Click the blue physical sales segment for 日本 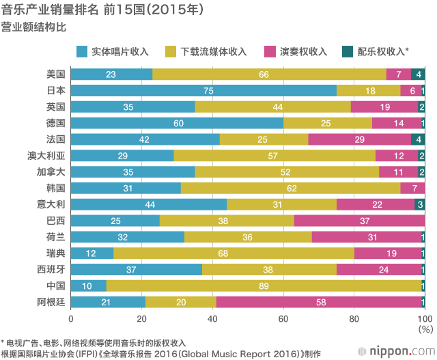click(x=203, y=91)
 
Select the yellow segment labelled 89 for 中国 click(x=264, y=286)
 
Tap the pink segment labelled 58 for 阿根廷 click(x=320, y=302)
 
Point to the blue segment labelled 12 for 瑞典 click(x=91, y=253)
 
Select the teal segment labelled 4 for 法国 click(x=418, y=139)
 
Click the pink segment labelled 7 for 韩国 click(x=412, y=189)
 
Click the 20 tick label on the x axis click(x=141, y=319)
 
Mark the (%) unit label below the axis click(x=425, y=329)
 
